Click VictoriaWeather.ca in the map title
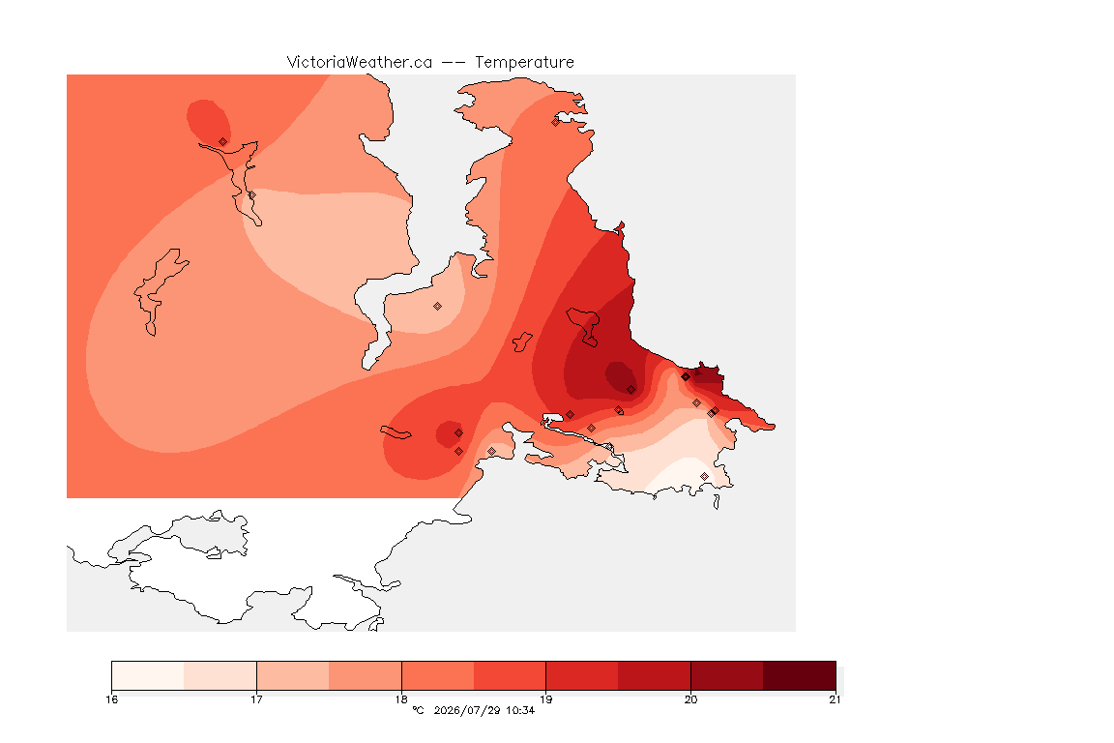360,63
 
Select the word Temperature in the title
524,63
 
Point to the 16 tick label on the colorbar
111,699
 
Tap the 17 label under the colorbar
256,699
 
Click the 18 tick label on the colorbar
401,699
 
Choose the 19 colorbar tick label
545,699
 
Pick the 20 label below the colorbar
690,699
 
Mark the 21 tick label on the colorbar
835,699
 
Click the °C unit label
418,710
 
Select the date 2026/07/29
466,710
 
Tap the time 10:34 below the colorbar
520,710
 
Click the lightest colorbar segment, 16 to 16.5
148,675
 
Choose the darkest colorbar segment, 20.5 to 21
800,675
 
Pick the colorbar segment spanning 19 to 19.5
582,675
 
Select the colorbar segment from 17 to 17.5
293,675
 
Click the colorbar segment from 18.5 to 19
510,675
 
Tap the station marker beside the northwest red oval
223,142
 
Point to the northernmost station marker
556,122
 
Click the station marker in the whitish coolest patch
704,476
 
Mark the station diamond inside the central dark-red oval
630,390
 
